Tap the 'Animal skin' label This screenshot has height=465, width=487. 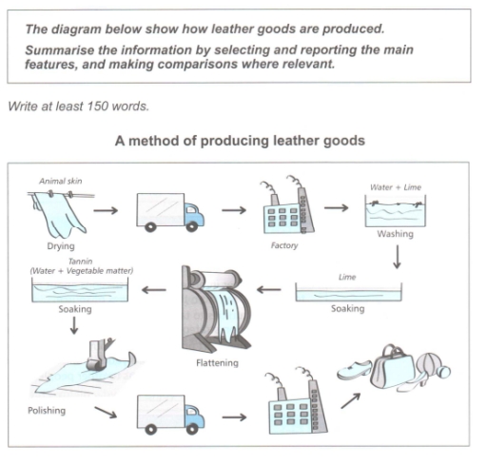pyautogui.click(x=60, y=180)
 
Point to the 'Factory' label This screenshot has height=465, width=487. pyautogui.click(x=284, y=245)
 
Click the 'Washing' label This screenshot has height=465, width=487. pyautogui.click(x=395, y=233)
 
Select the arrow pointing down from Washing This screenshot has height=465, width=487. pyautogui.click(x=398, y=259)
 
